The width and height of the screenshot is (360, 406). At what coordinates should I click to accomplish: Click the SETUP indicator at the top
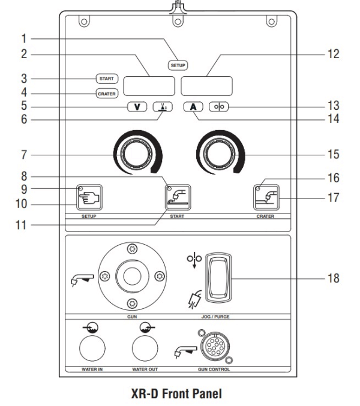point(178,64)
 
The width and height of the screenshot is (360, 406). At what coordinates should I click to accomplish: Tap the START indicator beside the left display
point(107,79)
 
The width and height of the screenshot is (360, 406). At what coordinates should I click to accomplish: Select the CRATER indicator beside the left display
point(107,93)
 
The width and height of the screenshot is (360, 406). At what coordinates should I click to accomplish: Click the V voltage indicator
point(137,108)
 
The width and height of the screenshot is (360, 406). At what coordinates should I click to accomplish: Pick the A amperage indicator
point(193,108)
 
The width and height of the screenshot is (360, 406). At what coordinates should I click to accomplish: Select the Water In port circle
point(89,347)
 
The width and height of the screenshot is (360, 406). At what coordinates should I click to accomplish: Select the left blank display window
point(149,86)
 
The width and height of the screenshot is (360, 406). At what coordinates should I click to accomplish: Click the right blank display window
point(207,86)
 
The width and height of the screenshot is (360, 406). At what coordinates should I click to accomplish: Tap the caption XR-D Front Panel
point(179,395)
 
